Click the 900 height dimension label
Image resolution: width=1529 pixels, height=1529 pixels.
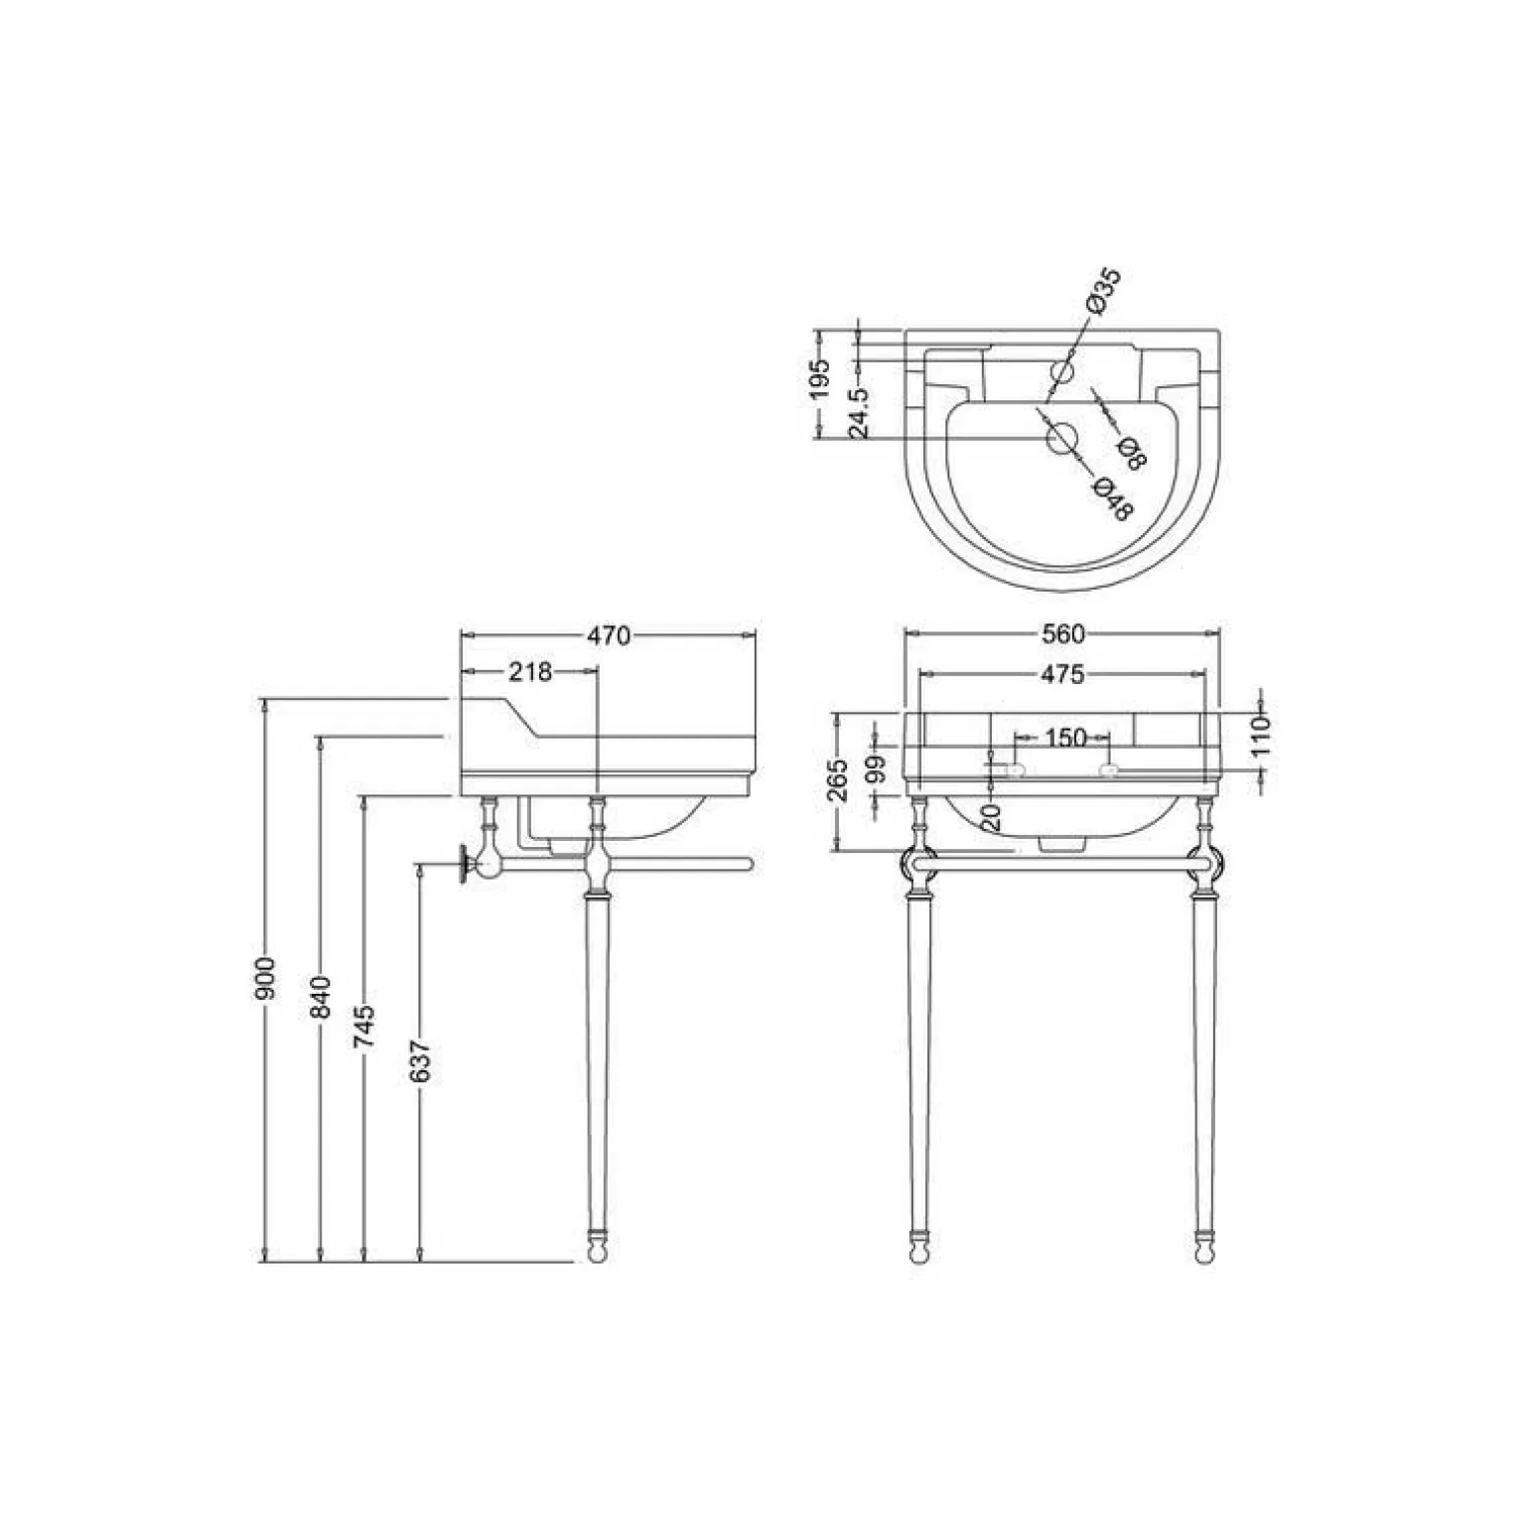pyautogui.click(x=264, y=979)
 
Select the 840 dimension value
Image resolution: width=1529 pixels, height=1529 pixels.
pyautogui.click(x=320, y=997)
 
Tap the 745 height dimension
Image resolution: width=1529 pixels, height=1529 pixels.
pyautogui.click(x=364, y=1027)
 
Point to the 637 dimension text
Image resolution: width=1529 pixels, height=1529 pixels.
pyautogui.click(x=420, y=1060)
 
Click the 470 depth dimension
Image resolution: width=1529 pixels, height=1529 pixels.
pyautogui.click(x=609, y=634)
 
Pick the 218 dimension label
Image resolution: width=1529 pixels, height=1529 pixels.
pyautogui.click(x=530, y=672)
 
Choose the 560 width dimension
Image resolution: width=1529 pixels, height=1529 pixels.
pyautogui.click(x=1062, y=633)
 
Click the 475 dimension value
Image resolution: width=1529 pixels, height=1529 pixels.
pyautogui.click(x=1062, y=675)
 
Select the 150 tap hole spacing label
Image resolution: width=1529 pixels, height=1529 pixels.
pyautogui.click(x=1065, y=738)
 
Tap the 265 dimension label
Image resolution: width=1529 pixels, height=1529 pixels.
pyautogui.click(x=839, y=780)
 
